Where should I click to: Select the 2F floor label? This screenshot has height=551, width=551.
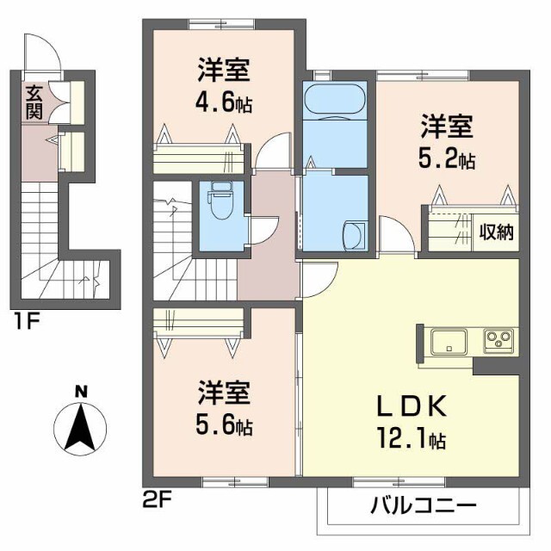pyautogui.click(x=153, y=497)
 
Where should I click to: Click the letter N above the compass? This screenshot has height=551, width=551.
pyautogui.click(x=81, y=392)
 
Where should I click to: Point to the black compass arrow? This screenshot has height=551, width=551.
pyautogui.click(x=80, y=426)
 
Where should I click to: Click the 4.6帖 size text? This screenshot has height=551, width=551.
pyautogui.click(x=224, y=102)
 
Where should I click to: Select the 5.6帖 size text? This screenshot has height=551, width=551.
pyautogui.click(x=223, y=425)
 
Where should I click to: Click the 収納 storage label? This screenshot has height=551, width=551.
pyautogui.click(x=498, y=230)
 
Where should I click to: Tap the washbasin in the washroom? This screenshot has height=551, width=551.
pyautogui.click(x=354, y=235)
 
